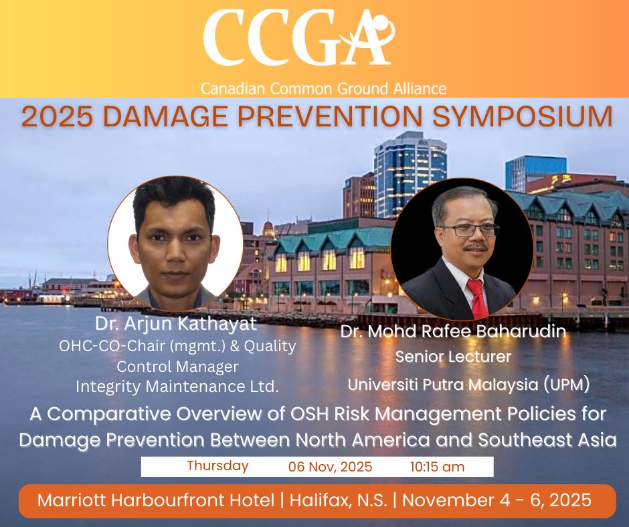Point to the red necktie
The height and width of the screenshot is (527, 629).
click(478, 298)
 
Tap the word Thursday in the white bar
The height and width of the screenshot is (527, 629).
click(217, 465)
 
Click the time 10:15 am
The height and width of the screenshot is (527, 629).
click(437, 467)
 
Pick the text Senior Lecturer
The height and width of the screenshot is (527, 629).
click(453, 357)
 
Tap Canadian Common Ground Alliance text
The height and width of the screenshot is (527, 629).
click(325, 88)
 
